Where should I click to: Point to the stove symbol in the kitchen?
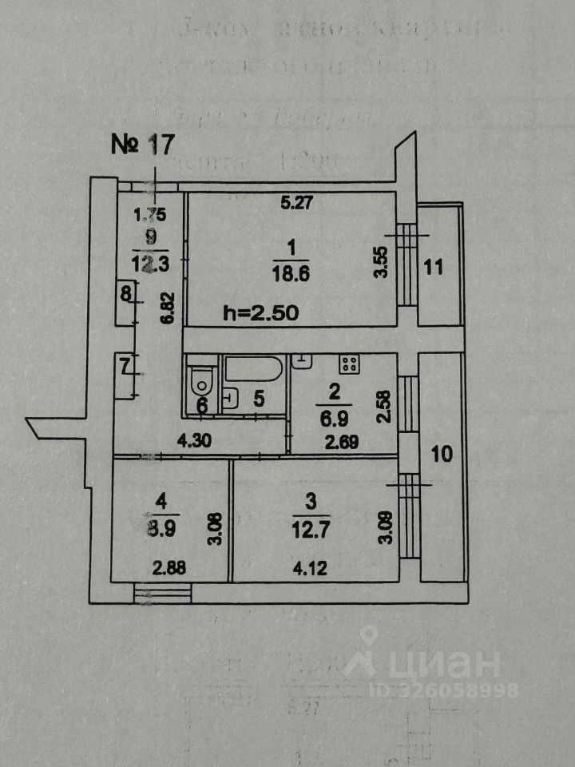pyautogui.click(x=348, y=364)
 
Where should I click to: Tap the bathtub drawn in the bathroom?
pyautogui.click(x=253, y=369)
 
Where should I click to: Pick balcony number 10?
pyautogui.click(x=442, y=455)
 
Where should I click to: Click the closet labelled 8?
pyautogui.click(x=125, y=294)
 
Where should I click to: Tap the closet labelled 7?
pyautogui.click(x=125, y=368)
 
